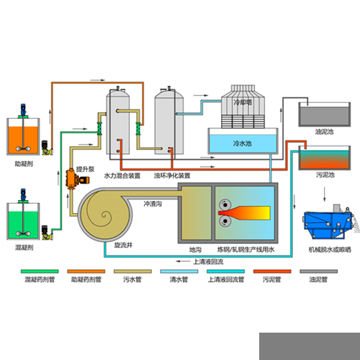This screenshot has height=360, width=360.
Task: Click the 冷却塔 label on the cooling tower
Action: [243, 102]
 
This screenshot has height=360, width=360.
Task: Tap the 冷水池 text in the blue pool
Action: [243, 143]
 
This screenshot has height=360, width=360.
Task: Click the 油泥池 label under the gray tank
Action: [324, 132]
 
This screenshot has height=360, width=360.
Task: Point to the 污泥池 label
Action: [325, 175]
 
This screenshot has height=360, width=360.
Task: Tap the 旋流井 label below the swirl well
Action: [123, 245]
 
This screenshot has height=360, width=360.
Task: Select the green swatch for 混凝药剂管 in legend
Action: [40, 271]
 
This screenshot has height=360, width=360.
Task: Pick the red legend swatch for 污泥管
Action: [272, 271]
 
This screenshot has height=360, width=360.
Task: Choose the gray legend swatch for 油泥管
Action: [319, 271]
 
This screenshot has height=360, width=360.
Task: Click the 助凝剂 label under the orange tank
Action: [24, 164]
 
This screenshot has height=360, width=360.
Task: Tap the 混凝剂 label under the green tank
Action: [24, 248]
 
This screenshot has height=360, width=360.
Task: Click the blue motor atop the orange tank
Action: [23, 109]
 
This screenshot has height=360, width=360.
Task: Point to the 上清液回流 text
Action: [208, 261]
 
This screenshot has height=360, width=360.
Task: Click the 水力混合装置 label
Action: [122, 176]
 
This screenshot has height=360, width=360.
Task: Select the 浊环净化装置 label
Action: [172, 176]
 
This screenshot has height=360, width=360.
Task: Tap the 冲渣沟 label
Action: [153, 204]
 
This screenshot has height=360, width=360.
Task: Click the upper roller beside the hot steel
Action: [225, 204]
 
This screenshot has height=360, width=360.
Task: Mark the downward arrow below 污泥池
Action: [325, 194]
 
